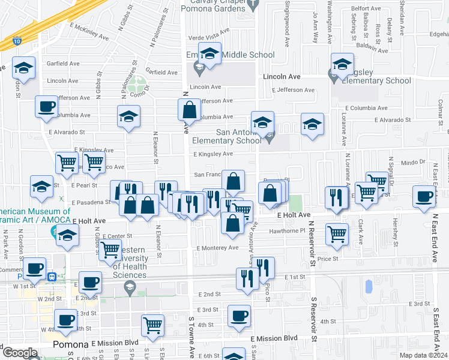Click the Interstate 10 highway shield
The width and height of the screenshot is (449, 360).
[x=16, y=41]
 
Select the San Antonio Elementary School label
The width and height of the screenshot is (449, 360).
[x=227, y=136]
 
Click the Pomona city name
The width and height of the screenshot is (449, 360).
[x=71, y=345]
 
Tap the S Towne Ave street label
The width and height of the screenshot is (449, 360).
[x=192, y=335]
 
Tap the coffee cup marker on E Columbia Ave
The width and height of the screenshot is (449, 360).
[x=47, y=108]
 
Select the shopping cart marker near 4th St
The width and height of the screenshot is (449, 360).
[x=153, y=325]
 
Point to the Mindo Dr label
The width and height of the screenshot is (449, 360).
[x=413, y=162]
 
